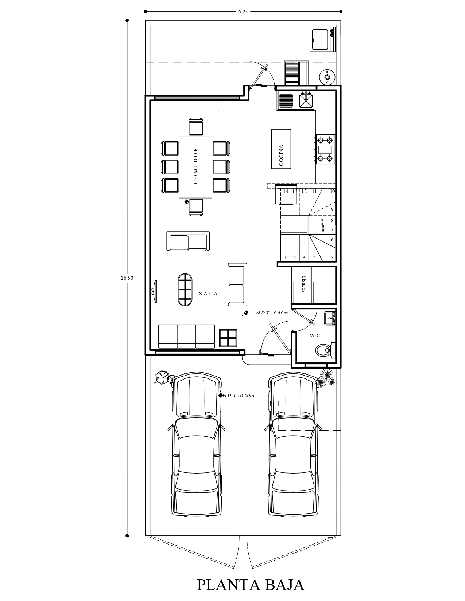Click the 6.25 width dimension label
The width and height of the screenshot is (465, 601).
coord(243,12)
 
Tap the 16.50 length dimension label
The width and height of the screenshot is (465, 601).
coord(127,278)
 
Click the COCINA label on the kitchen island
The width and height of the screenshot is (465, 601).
coord(282,156)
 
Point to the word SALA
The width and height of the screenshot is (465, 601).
coord(209,294)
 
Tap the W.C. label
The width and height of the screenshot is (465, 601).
coord(315,335)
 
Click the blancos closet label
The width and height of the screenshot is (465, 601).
coord(304,284)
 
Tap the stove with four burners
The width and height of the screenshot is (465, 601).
coord(325,149)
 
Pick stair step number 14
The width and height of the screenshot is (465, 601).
coord(286,191)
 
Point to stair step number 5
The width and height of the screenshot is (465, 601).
coord(332,258)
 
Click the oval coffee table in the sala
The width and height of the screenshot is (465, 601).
coord(185,290)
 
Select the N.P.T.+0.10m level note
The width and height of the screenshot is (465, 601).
coord(272,313)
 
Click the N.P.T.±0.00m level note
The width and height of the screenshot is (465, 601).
coord(238,396)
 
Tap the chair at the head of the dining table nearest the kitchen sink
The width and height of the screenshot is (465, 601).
coord(196,127)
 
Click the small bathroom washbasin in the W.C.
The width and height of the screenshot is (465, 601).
coord(330,318)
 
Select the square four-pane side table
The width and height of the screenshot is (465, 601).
coord(228,338)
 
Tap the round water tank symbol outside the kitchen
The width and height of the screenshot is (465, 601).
coord(327,77)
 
